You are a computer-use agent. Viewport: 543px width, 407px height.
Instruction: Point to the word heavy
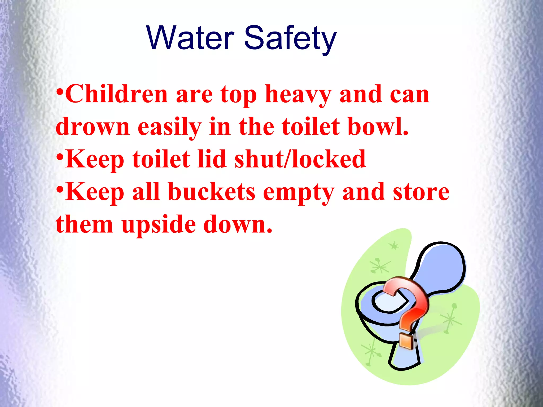point(298,95)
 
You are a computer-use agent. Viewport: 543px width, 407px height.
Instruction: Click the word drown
point(93,127)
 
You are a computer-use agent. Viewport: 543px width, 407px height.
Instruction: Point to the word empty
point(299,193)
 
